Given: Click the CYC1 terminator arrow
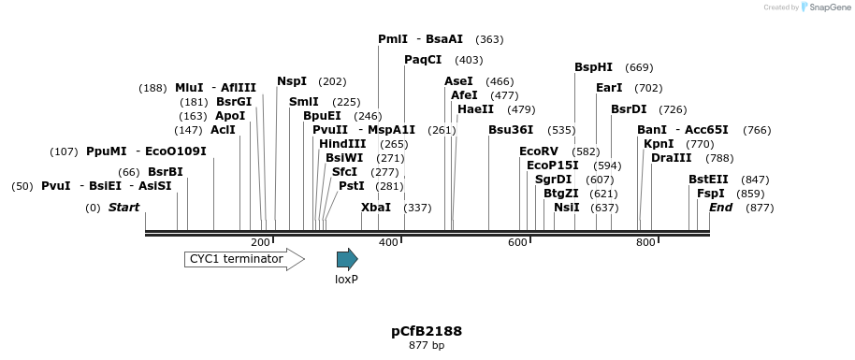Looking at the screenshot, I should (x=244, y=259).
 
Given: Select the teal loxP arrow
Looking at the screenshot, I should (x=347, y=259).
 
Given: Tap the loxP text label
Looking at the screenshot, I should (x=347, y=279).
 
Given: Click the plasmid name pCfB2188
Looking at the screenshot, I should (x=427, y=331).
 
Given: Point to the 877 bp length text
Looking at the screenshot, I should (x=427, y=346).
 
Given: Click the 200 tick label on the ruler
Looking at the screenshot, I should (x=260, y=243).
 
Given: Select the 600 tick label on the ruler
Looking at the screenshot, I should (x=517, y=243).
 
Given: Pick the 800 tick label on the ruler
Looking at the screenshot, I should (x=645, y=243).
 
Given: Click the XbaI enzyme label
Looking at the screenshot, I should (x=376, y=208).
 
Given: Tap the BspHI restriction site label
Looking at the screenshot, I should (x=594, y=67).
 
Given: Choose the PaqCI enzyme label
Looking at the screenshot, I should (x=423, y=60).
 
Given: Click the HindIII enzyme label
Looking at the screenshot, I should (x=342, y=144).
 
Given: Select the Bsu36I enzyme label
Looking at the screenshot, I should (x=511, y=130).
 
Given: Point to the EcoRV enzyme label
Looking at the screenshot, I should (x=539, y=151).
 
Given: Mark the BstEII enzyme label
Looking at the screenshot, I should (x=708, y=180).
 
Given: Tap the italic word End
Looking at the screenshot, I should (x=720, y=208).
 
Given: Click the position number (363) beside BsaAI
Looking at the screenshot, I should (x=489, y=39).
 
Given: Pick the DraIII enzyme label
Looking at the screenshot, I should (x=672, y=158).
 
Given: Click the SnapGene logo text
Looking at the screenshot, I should (x=824, y=7).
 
